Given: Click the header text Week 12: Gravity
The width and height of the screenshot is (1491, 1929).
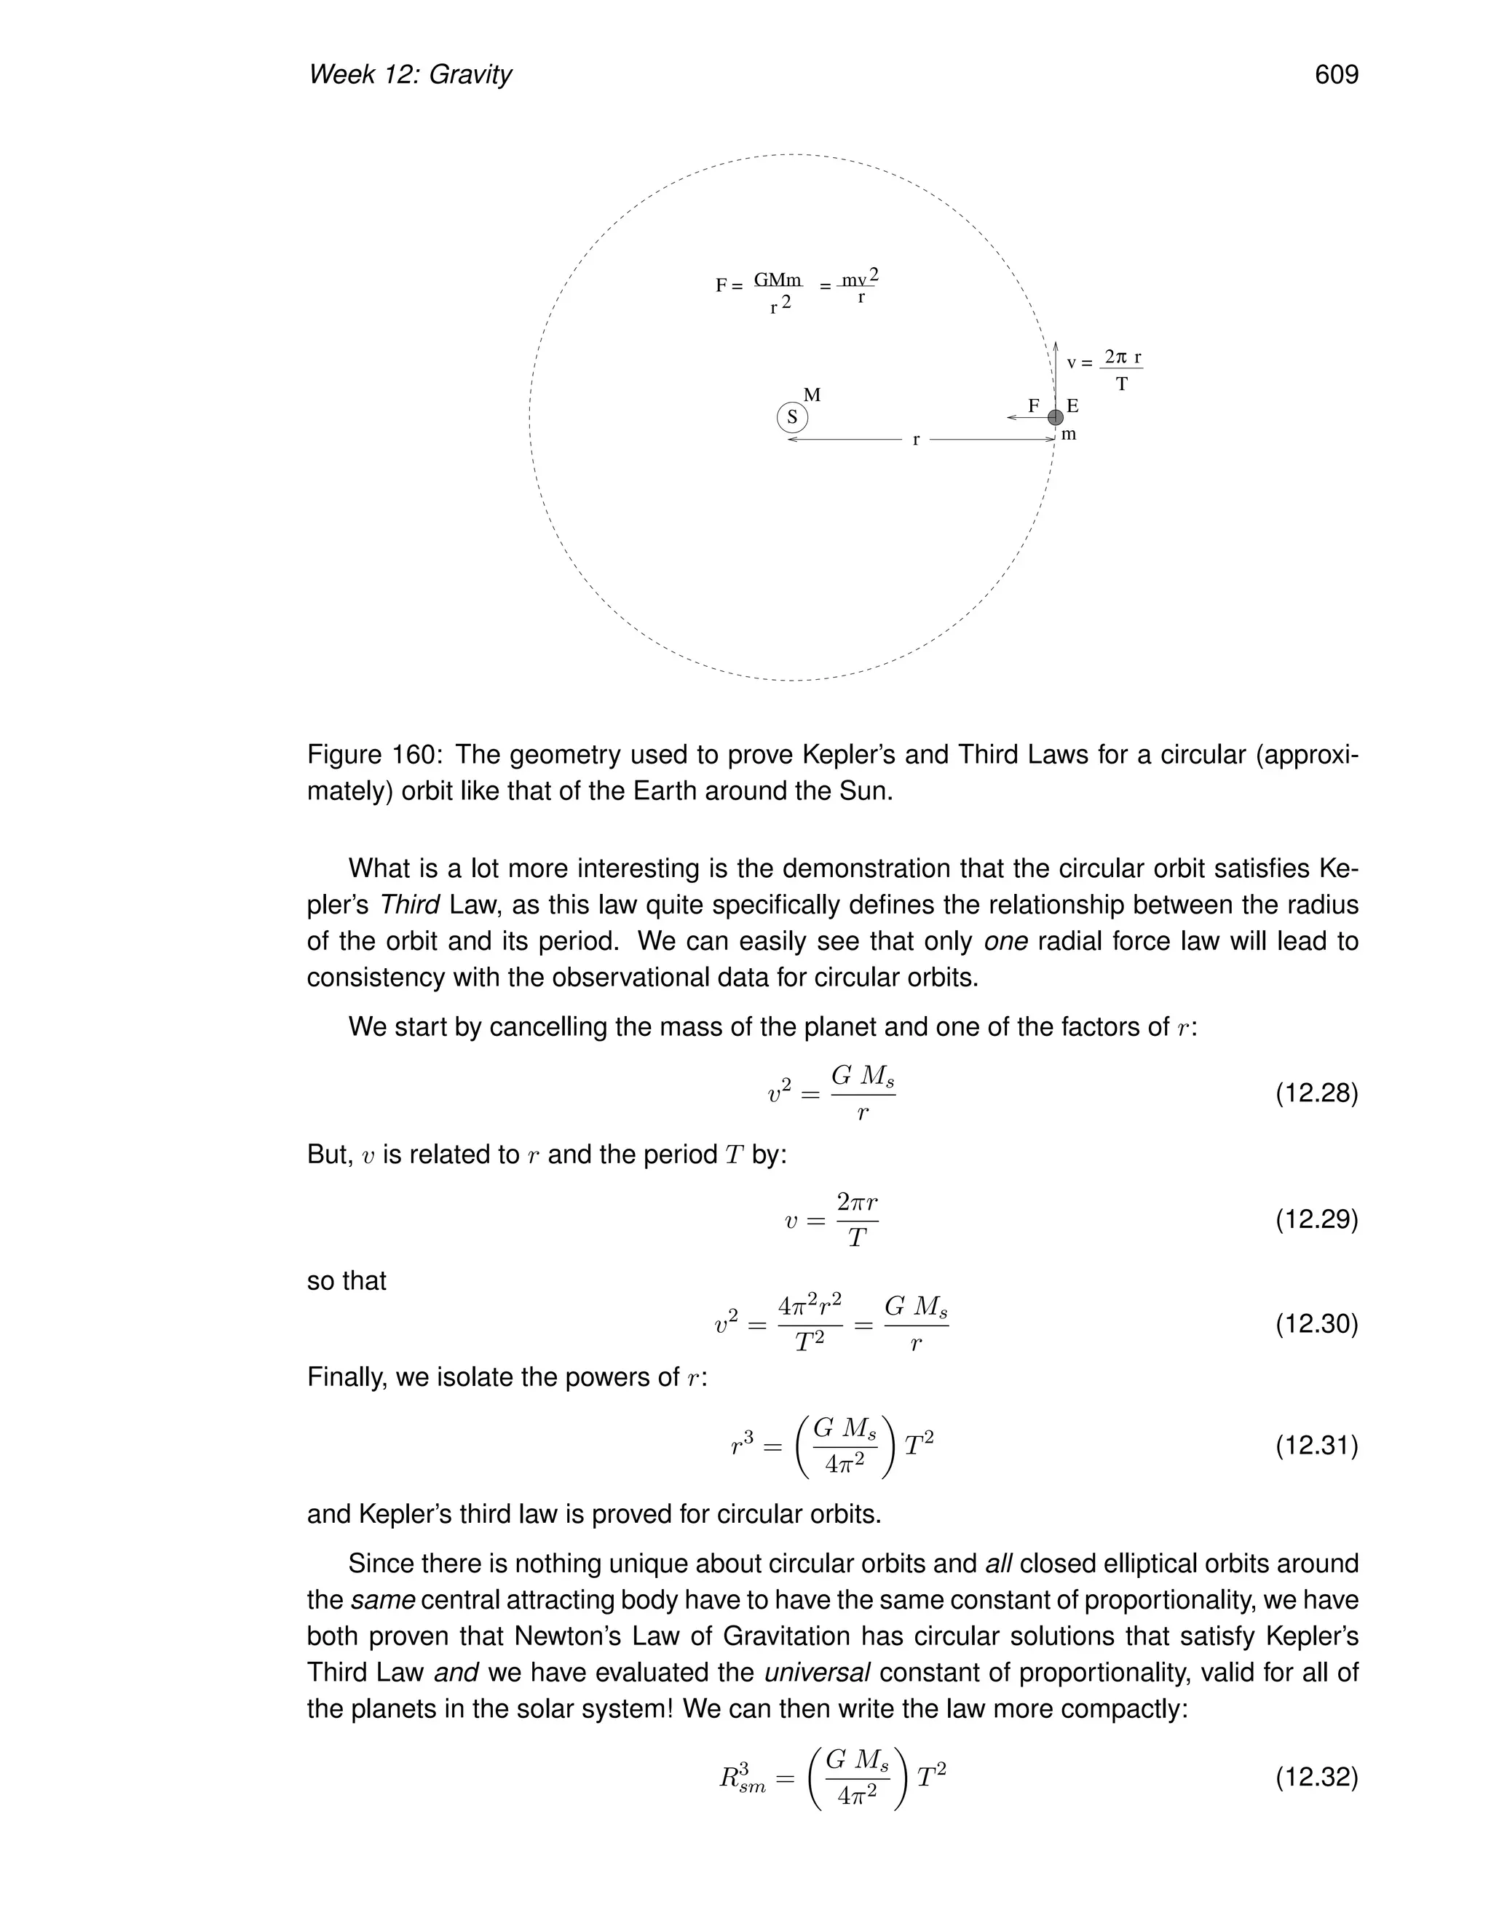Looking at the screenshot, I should click(410, 75).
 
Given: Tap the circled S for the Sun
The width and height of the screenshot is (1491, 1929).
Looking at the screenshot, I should click(792, 418).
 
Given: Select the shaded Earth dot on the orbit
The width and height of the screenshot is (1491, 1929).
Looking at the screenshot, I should click(1056, 418).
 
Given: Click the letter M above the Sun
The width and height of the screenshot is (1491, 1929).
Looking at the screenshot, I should click(812, 395).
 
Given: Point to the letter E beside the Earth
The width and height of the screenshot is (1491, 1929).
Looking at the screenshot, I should click(1072, 406).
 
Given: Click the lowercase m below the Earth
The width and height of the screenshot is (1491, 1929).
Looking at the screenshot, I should click(1069, 435).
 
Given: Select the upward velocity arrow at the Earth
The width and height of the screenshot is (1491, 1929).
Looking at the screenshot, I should click(1056, 371).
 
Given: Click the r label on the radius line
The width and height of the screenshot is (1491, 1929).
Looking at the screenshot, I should click(917, 440).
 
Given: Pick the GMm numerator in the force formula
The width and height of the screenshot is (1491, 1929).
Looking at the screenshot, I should click(778, 280).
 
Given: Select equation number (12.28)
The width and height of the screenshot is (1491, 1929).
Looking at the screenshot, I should click(1316, 1093).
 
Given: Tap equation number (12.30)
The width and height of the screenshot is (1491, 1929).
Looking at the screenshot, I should click(1316, 1324).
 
